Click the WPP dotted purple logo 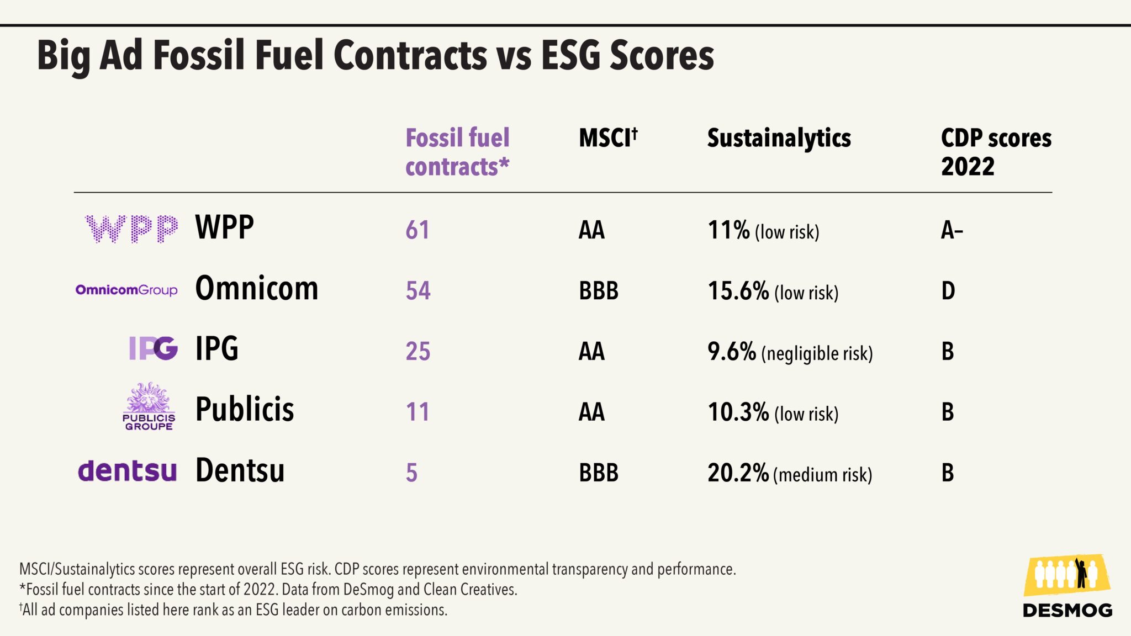coord(131,229)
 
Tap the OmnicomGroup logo coord(126,290)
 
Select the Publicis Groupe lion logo coord(148,406)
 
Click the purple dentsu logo coord(127,471)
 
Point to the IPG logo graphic coord(153,348)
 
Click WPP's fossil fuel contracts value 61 coord(417,230)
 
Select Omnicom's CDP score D coord(948,290)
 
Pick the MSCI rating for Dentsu coord(598,473)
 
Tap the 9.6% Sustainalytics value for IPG coord(731,351)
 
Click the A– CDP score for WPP coord(952,230)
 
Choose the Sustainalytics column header coord(779,139)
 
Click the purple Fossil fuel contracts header coord(457,152)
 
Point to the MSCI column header coord(607,137)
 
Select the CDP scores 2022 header coord(996,152)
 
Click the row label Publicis coord(245,409)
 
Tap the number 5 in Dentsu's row coord(411,473)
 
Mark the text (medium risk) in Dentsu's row coord(822,475)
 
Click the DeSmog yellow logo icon coord(1066,575)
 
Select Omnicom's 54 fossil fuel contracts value coord(417,290)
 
